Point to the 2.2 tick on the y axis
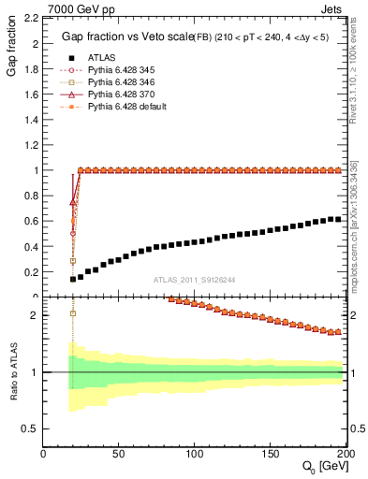coord(31,19)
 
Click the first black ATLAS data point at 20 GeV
coord(73,279)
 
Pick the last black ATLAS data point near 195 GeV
coord(339,219)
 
